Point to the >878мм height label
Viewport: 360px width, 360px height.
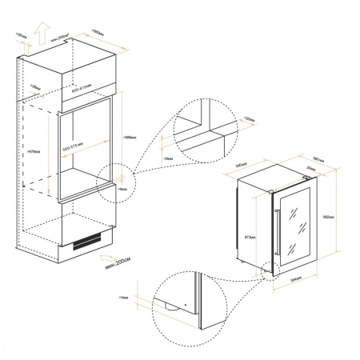[x=34, y=149]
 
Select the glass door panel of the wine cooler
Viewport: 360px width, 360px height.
[x=294, y=224]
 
